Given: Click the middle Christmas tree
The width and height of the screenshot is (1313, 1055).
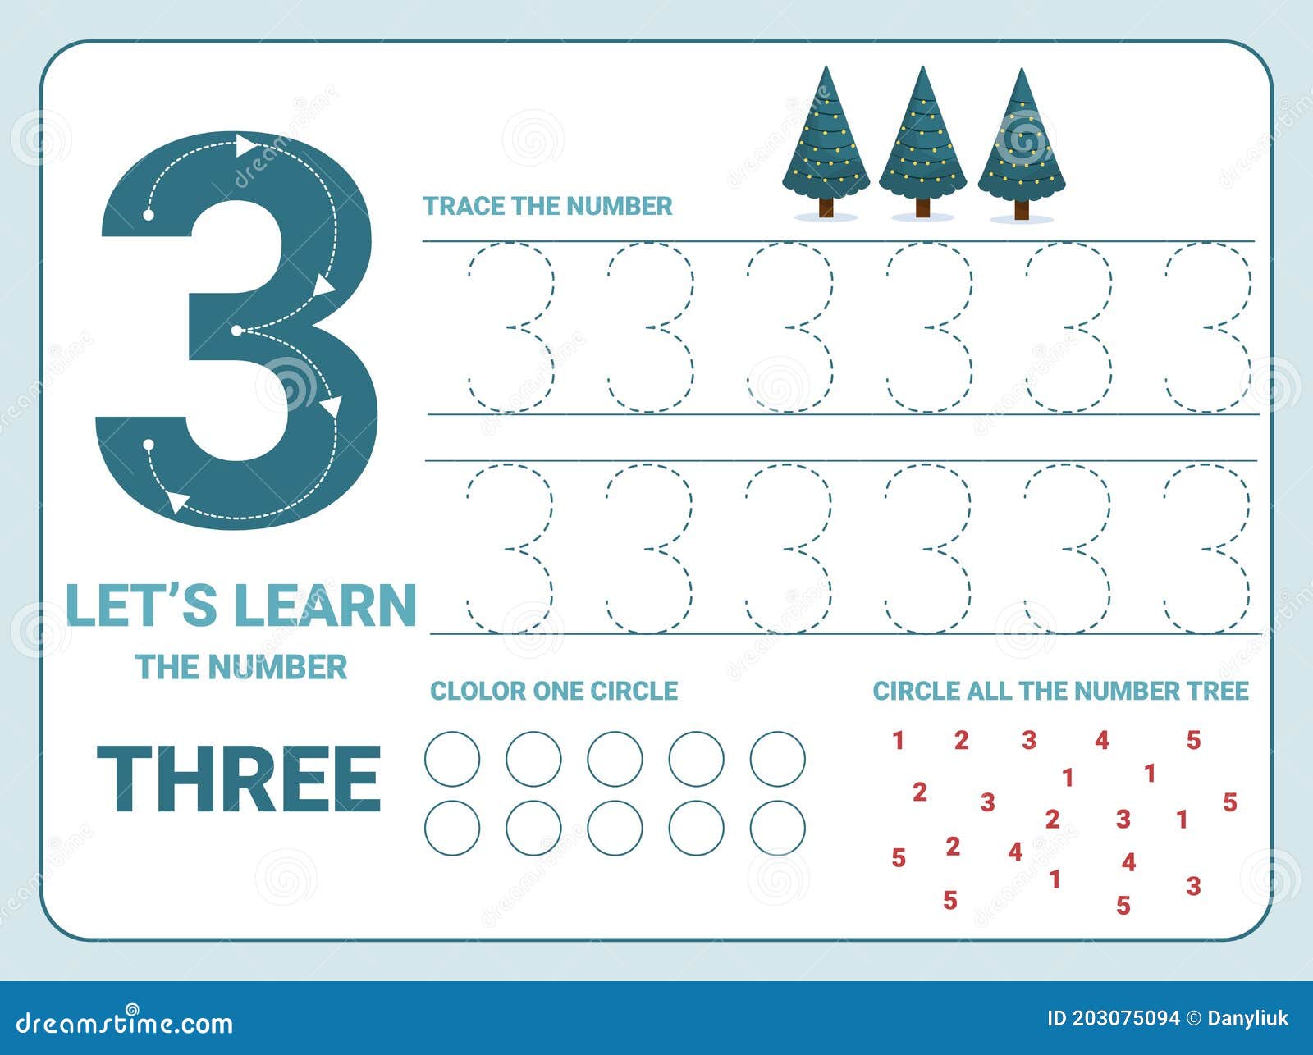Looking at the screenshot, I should (x=922, y=135).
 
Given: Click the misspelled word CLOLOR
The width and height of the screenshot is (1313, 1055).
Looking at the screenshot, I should (x=477, y=691).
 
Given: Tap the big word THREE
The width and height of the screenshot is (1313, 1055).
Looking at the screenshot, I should (x=239, y=778).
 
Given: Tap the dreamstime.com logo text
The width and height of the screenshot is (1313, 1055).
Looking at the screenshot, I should (x=125, y=1022).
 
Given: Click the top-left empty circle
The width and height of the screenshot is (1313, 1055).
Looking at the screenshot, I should (x=452, y=759).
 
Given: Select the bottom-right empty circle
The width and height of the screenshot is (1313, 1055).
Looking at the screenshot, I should (x=777, y=828).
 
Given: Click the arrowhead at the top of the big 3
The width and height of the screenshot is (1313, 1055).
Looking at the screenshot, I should (x=245, y=145).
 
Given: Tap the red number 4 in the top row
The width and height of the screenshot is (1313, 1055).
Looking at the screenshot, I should (x=1101, y=741).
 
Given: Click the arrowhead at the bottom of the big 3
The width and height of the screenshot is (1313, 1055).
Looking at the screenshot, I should (x=177, y=501).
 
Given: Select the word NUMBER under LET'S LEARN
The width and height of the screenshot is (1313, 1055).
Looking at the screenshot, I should (x=277, y=667).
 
